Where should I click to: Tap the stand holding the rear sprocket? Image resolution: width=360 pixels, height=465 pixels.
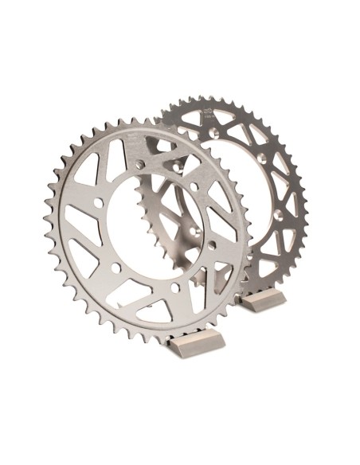(264, 300)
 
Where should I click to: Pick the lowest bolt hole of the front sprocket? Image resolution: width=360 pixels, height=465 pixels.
(174, 287)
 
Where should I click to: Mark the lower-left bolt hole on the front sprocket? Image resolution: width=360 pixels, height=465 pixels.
(115, 268)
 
